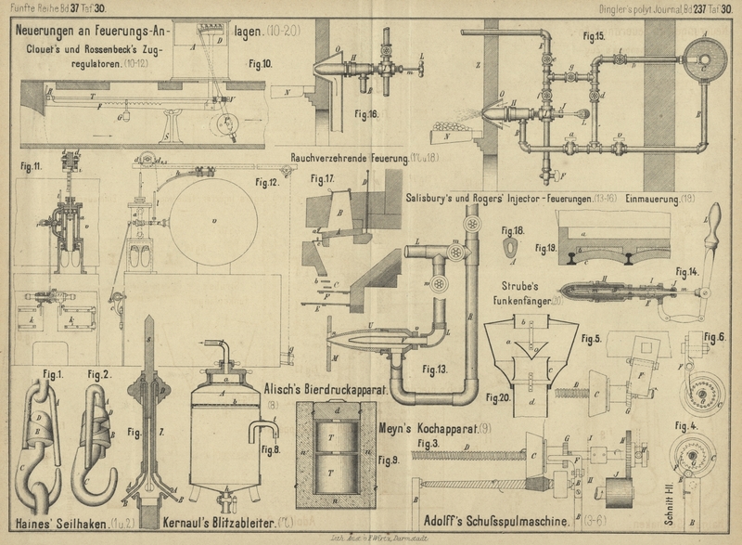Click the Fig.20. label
click(x=500, y=397)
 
